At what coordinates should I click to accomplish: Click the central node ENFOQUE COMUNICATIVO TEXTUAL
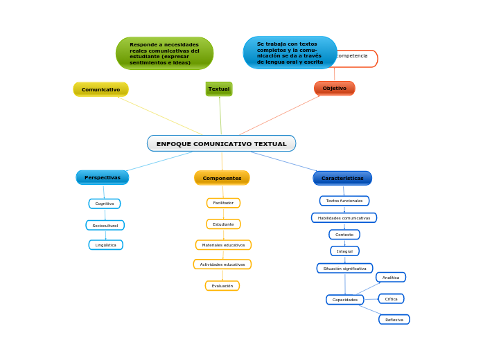(x=221, y=144)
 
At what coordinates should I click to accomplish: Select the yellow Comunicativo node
(x=100, y=89)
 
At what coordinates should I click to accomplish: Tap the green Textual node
(x=219, y=89)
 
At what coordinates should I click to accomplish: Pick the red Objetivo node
(x=334, y=89)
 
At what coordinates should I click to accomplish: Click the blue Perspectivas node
(x=102, y=178)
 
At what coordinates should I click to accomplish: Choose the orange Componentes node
(x=222, y=178)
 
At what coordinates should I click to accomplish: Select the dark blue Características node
(x=342, y=178)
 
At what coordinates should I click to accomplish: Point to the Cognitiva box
(x=105, y=204)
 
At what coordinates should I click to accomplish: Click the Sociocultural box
(x=105, y=225)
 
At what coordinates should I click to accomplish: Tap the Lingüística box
(x=106, y=245)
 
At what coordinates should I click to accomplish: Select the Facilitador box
(x=223, y=203)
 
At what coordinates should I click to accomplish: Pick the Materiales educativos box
(x=223, y=245)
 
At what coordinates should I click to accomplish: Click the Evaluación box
(x=222, y=286)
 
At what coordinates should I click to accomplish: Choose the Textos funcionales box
(x=344, y=201)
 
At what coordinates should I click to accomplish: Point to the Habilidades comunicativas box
(x=344, y=218)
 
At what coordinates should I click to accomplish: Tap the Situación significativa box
(x=344, y=269)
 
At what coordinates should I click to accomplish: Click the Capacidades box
(x=345, y=300)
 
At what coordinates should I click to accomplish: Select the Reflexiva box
(x=394, y=320)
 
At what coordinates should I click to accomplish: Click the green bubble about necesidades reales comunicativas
(x=164, y=53)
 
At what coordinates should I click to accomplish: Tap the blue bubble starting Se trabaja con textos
(x=290, y=53)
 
